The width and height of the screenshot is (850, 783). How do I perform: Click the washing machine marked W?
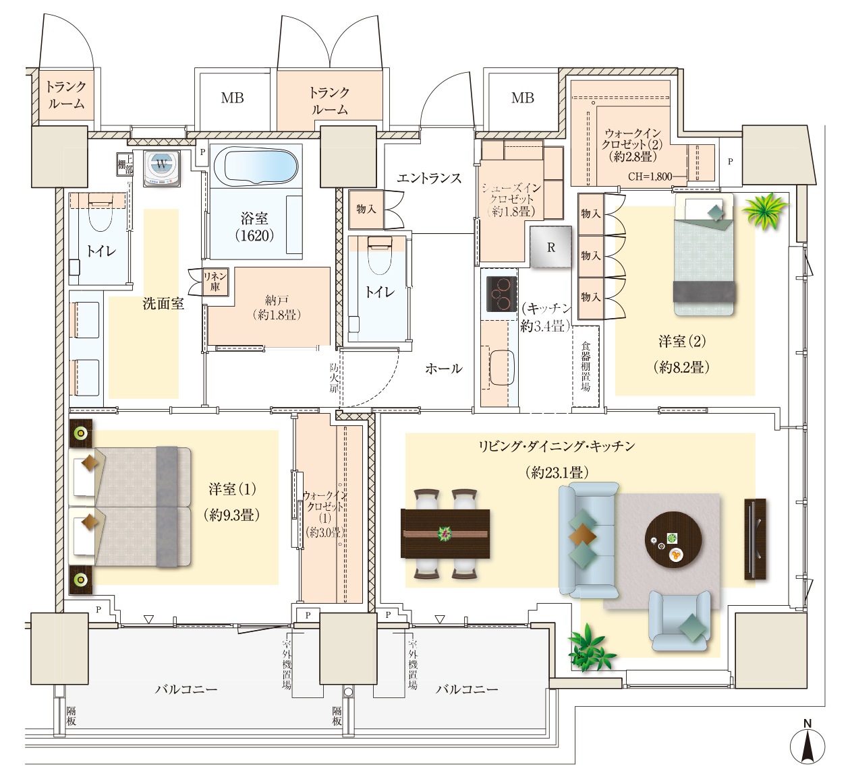162,168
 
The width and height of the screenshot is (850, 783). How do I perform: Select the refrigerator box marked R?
551,247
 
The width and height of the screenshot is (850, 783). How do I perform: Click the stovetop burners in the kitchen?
502,294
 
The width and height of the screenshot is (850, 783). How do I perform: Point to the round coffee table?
673,540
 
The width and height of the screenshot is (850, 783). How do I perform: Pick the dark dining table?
445,534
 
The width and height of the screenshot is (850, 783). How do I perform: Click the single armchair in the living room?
679,620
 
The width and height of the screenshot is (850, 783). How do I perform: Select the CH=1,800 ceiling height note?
650,176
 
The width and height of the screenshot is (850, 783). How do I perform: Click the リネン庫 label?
215,282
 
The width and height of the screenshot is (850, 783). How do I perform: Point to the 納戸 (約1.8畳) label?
277,309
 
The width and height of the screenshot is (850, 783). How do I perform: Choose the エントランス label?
429,178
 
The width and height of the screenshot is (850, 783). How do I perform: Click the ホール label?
444,368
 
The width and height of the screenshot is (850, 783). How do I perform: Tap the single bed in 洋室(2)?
704,255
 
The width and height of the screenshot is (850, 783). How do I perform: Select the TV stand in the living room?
755,539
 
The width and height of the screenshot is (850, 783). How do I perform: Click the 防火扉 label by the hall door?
333,378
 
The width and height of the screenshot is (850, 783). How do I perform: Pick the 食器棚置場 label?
585,366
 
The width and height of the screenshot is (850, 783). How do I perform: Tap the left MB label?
233,98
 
